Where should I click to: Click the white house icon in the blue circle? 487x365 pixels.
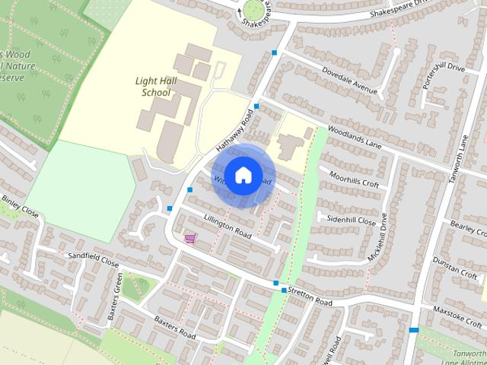(243, 175)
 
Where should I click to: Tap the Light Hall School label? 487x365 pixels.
(153, 87)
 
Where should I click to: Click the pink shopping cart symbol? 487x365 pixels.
(189, 239)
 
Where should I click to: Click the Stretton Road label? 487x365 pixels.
(310, 302)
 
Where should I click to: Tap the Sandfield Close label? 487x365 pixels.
(94, 259)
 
